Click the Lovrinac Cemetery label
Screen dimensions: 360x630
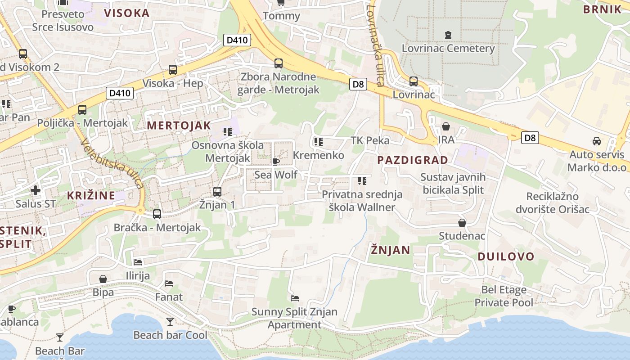tap(448, 48)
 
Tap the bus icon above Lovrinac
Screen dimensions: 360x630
tap(413, 81)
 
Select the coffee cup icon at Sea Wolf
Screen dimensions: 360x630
tap(276, 162)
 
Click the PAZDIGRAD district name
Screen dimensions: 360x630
tap(412, 160)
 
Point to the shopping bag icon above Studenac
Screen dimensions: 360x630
tap(462, 223)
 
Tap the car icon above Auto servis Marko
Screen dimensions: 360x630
tap(596, 141)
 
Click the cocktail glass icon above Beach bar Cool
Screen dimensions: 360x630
tap(170, 321)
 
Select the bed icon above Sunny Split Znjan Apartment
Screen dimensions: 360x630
tap(295, 298)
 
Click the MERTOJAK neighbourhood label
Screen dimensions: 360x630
tap(179, 126)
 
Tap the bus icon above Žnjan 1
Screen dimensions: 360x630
tap(217, 191)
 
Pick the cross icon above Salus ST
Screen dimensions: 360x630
tap(36, 190)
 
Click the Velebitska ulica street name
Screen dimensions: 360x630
tap(113, 163)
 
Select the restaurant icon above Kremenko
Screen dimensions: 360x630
tap(319, 142)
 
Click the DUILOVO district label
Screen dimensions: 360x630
tap(506, 257)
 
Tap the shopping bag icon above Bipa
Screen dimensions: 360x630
tap(103, 279)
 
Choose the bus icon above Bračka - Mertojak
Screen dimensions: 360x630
tap(157, 214)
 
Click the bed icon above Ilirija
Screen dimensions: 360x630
tap(138, 262)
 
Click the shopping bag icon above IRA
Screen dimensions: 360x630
tap(446, 126)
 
